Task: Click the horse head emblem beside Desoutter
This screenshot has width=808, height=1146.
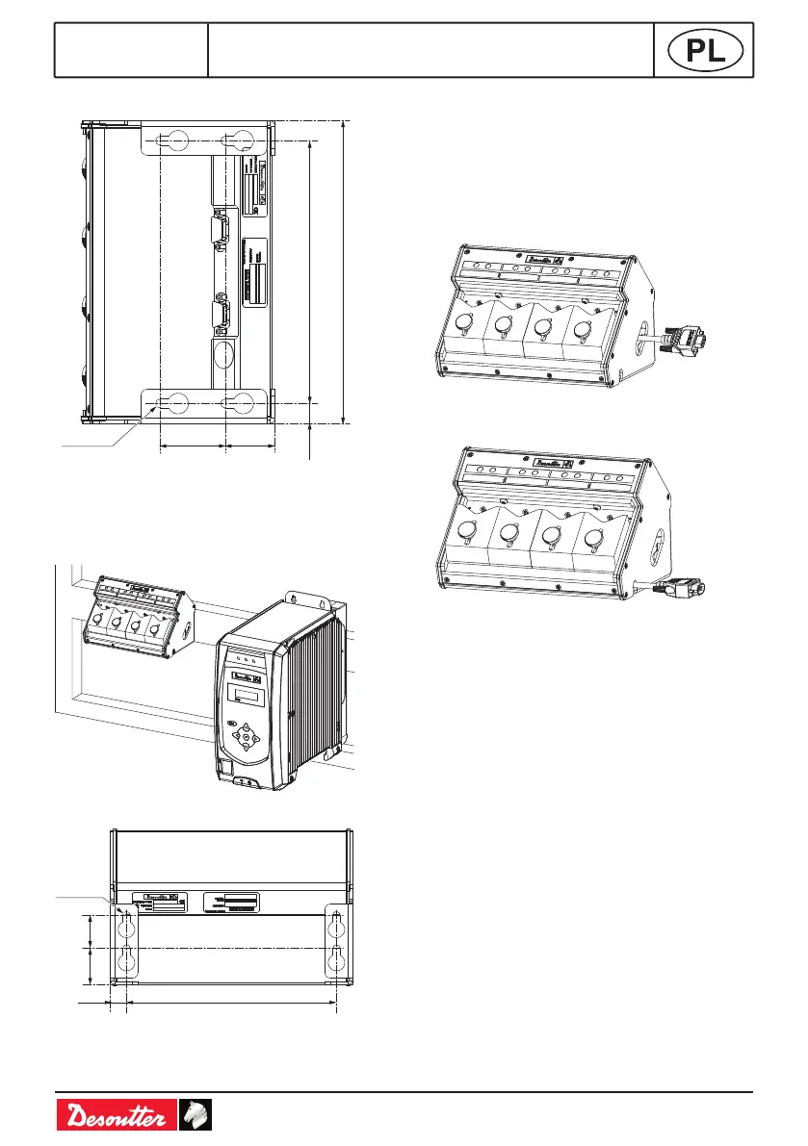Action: coord(195,1116)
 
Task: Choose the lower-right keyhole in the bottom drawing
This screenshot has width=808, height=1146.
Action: coord(336,959)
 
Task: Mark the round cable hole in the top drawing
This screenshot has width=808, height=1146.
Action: coord(221,352)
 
